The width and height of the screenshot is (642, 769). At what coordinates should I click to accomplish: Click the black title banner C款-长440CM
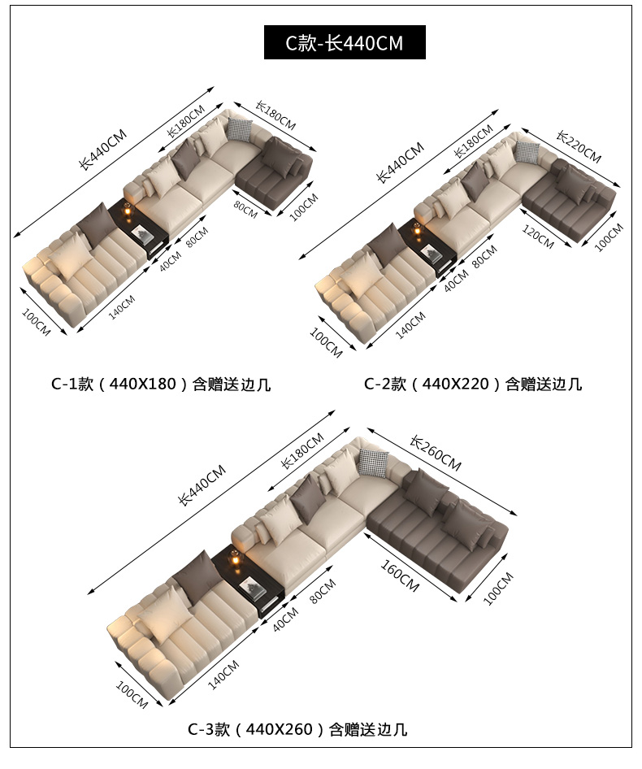(x=345, y=42)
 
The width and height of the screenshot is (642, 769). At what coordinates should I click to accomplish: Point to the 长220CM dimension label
(x=579, y=146)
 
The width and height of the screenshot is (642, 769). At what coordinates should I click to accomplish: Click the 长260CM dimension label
(x=436, y=453)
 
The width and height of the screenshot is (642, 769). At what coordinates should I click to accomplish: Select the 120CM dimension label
(x=538, y=237)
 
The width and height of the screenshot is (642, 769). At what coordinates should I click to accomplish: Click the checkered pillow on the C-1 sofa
(x=240, y=129)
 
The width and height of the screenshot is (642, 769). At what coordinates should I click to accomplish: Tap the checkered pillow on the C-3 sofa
(x=374, y=462)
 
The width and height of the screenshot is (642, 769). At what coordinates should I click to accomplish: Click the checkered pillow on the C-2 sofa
(x=527, y=152)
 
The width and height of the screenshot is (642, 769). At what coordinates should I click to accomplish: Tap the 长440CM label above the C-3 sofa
(x=202, y=484)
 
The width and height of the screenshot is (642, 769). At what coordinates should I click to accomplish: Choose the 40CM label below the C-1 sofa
(x=170, y=260)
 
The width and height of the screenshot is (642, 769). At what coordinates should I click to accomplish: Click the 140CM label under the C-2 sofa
(x=410, y=325)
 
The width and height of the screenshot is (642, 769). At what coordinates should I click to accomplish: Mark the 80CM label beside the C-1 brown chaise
(x=245, y=210)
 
